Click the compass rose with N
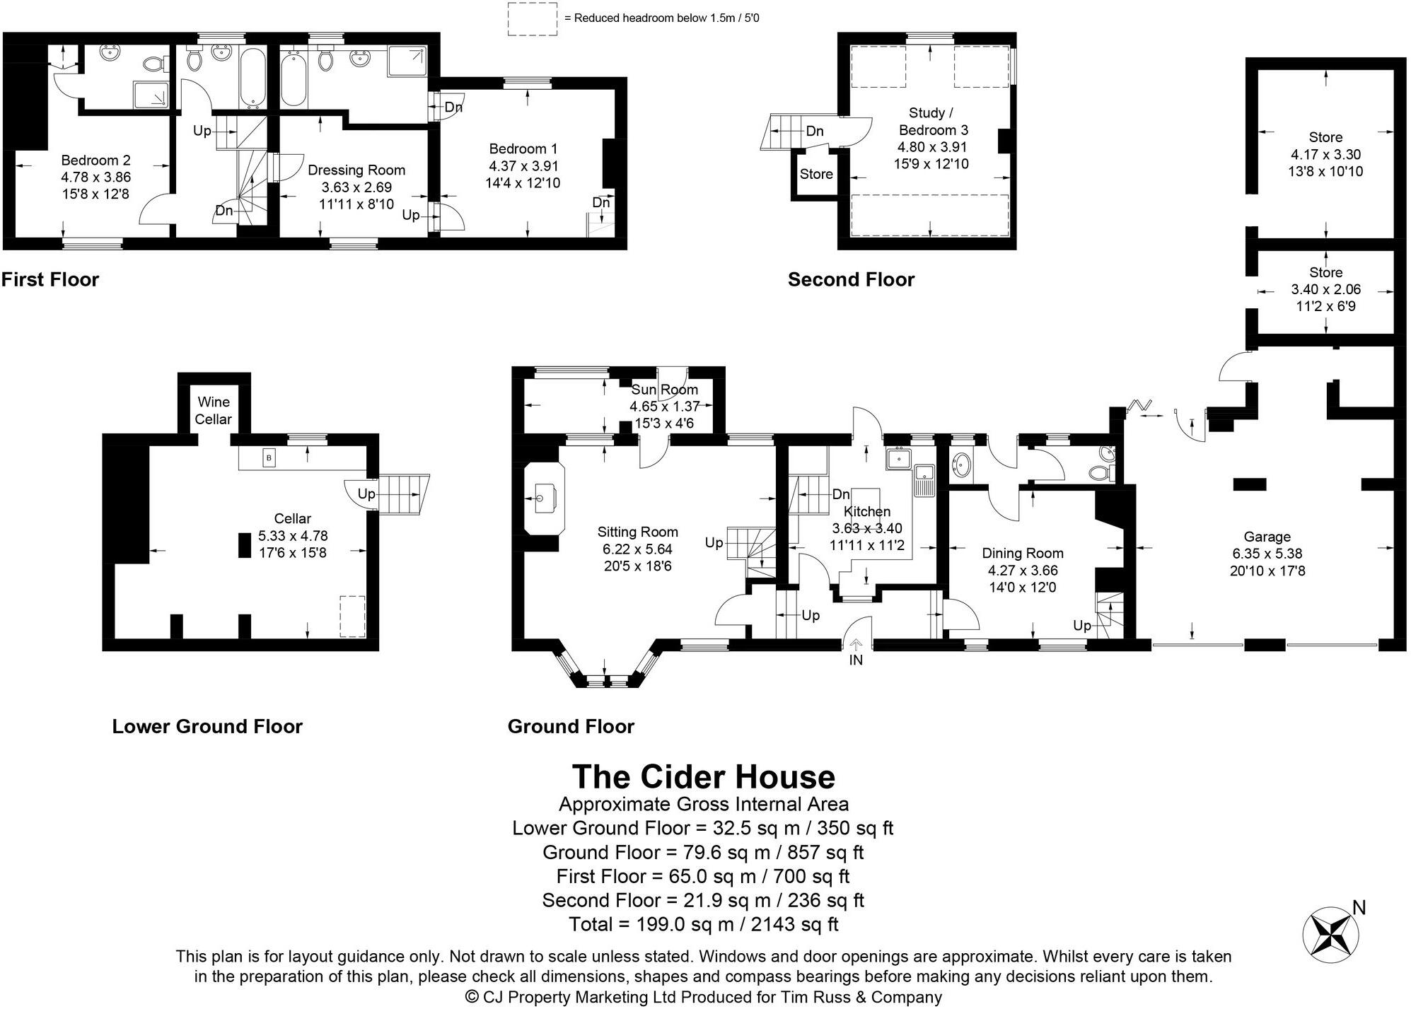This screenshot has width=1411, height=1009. tap(1330, 934)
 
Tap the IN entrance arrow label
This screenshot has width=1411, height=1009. tap(856, 659)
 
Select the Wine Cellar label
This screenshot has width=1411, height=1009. tap(214, 410)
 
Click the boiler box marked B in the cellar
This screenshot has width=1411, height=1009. tap(269, 458)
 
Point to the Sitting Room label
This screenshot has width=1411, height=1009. tap(637, 532)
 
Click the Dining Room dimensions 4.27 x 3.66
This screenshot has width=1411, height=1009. tap(1022, 570)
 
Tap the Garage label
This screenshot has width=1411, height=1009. tap(1267, 537)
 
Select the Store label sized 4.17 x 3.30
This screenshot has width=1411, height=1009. tap(1325, 137)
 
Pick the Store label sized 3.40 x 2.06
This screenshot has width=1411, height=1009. tap(1325, 272)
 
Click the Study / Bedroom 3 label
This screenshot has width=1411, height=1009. tap(933, 121)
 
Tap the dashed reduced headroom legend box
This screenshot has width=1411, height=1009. tap(533, 18)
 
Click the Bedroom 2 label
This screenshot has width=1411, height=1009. tap(95, 161)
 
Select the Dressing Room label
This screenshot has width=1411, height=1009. tap(356, 170)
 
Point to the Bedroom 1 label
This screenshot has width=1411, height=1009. tap(523, 148)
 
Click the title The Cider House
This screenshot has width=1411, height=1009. tap(703, 776)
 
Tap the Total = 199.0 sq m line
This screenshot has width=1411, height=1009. tap(703, 923)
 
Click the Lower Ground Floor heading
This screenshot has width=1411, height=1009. tap(207, 726)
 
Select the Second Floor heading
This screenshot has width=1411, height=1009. tap(851, 279)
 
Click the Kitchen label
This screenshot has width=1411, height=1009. tap(866, 511)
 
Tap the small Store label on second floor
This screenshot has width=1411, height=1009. tap(815, 174)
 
